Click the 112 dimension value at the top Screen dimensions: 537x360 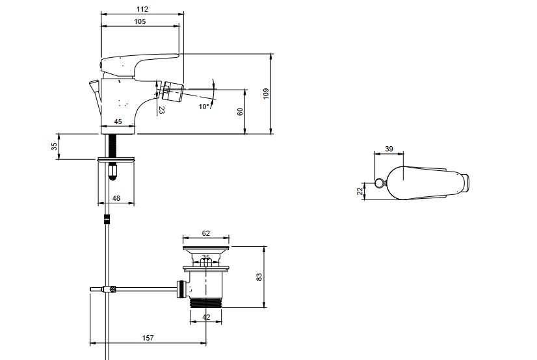[142, 9]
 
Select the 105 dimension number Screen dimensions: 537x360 [140, 21]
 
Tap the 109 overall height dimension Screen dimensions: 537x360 [266, 94]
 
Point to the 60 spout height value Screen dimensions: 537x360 [240, 112]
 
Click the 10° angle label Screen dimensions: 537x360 [203, 107]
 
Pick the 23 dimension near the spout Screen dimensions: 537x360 [162, 110]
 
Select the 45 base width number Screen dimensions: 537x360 [118, 122]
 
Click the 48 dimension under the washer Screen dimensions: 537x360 [116, 198]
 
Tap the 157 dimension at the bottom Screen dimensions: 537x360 [148, 338]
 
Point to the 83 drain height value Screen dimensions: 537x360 [259, 277]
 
